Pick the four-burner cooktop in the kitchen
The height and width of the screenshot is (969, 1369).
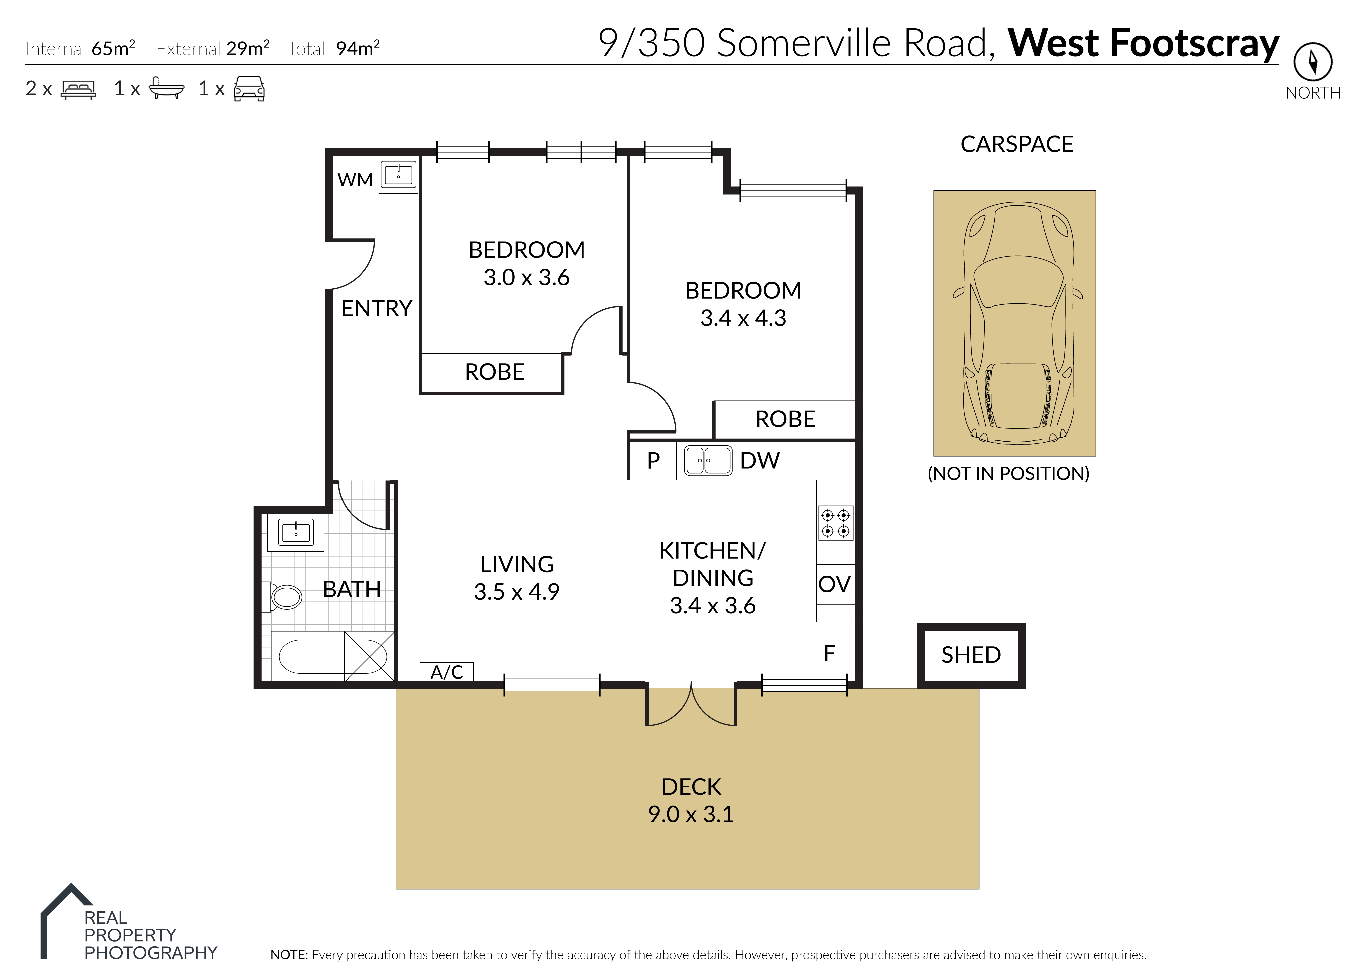pyautogui.click(x=835, y=523)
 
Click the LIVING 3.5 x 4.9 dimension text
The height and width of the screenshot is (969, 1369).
pyautogui.click(x=516, y=592)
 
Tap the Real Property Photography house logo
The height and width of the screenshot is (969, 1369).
pyautogui.click(x=66, y=920)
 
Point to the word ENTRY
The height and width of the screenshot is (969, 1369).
pyautogui.click(x=377, y=309)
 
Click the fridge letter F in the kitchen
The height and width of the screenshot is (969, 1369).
pyautogui.click(x=829, y=654)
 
